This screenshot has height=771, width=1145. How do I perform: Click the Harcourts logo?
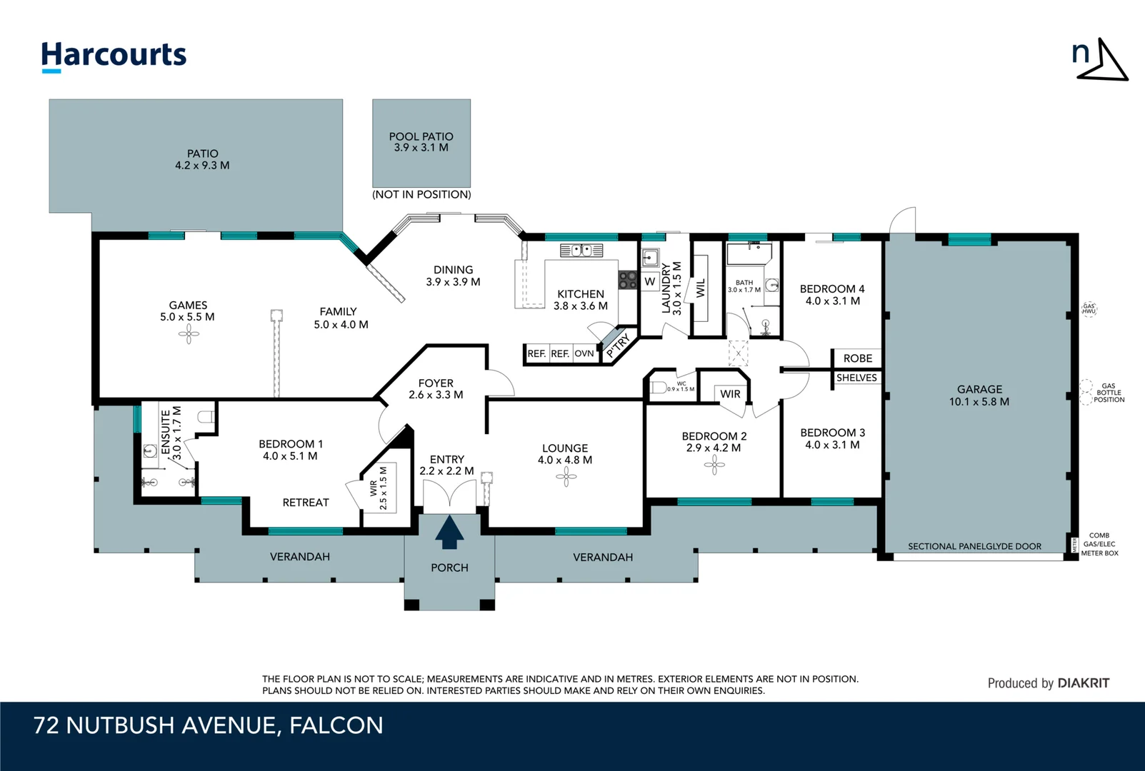pyautogui.click(x=114, y=56)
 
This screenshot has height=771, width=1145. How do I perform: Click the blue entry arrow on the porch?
pyautogui.click(x=449, y=533)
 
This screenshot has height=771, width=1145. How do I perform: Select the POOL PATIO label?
pyautogui.click(x=421, y=136)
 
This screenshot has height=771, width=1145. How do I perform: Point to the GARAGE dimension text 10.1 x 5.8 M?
pyautogui.click(x=979, y=402)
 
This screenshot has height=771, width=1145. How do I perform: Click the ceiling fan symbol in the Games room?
pyautogui.click(x=189, y=333)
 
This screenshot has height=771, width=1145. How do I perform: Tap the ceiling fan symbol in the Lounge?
pyautogui.click(x=566, y=477)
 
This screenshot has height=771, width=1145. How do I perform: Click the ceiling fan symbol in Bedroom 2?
pyautogui.click(x=714, y=465)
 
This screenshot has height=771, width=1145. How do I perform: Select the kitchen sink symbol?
pyautogui.click(x=581, y=251)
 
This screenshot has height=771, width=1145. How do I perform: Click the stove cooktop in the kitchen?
pyautogui.click(x=627, y=280)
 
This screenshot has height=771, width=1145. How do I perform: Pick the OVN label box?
pyautogui.click(x=584, y=353)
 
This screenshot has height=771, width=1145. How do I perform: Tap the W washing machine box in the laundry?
pyautogui.click(x=649, y=281)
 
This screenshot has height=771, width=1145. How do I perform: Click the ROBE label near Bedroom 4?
pyautogui.click(x=857, y=358)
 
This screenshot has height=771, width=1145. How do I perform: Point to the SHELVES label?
pyautogui.click(x=856, y=378)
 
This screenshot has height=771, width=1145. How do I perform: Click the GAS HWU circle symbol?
pyautogui.click(x=1089, y=309)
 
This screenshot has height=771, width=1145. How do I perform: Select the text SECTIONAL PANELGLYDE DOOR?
pyautogui.click(x=974, y=546)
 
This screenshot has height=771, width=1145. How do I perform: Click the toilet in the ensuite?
pyautogui.click(x=206, y=418)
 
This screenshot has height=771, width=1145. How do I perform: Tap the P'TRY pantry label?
pyautogui.click(x=618, y=346)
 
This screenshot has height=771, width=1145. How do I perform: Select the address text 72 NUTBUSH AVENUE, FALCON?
pyautogui.click(x=209, y=725)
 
